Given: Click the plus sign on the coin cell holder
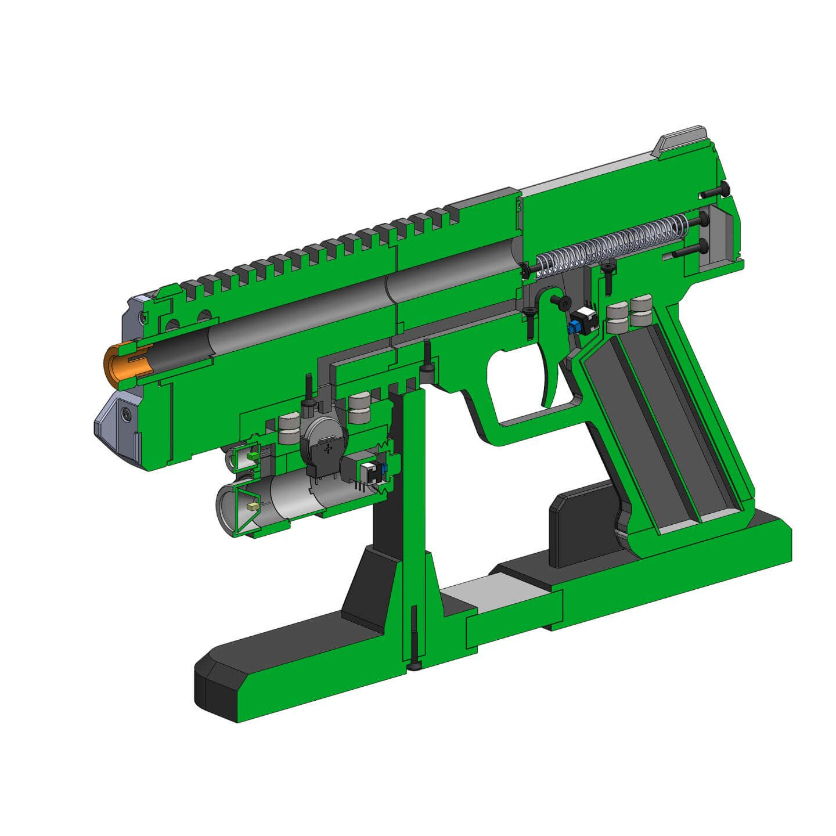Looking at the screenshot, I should pyautogui.click(x=329, y=448).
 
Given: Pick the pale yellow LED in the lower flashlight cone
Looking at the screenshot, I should pyautogui.click(x=253, y=506).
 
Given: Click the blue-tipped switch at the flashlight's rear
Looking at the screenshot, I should pyautogui.click(x=370, y=473).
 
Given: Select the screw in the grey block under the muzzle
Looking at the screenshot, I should pyautogui.click(x=125, y=415).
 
